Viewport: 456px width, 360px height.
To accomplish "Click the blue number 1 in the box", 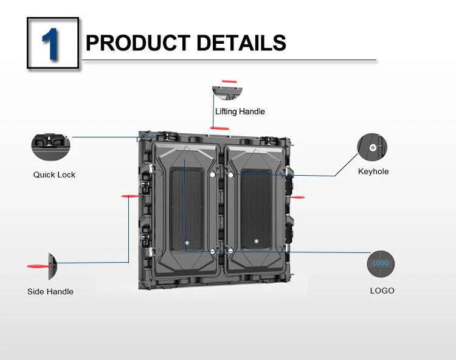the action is pyautogui.click(x=51, y=44).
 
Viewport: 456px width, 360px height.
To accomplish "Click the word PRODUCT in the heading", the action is pyautogui.click(x=138, y=43).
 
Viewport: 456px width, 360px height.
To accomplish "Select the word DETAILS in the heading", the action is pyautogui.click(x=241, y=43).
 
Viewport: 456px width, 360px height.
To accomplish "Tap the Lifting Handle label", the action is pyautogui.click(x=240, y=112).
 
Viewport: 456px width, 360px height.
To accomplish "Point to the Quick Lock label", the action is pyautogui.click(x=54, y=175).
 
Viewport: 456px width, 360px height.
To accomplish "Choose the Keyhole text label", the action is pyautogui.click(x=373, y=171).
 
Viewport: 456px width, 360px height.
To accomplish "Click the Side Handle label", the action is pyautogui.click(x=50, y=292).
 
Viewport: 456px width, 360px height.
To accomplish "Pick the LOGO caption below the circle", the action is pyautogui.click(x=382, y=291).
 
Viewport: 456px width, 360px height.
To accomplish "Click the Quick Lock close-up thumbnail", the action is pyautogui.click(x=50, y=147).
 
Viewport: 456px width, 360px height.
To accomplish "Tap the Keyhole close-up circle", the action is pyautogui.click(x=372, y=147).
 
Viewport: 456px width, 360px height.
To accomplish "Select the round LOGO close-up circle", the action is pyautogui.click(x=381, y=264).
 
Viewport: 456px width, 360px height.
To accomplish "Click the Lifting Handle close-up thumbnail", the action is pyautogui.click(x=227, y=90).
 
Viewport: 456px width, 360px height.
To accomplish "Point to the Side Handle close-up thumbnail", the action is pyautogui.click(x=43, y=266).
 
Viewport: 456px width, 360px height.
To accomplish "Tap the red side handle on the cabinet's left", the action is pyautogui.click(x=131, y=196).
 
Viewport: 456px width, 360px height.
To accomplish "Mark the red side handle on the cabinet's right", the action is pyautogui.click(x=297, y=197).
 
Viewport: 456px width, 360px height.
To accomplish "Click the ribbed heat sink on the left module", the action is pyautogui.click(x=187, y=209).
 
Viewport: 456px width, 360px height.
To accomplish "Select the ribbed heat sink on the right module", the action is pyautogui.click(x=257, y=209).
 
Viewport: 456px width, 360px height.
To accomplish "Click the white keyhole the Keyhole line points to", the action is pyautogui.click(x=231, y=175).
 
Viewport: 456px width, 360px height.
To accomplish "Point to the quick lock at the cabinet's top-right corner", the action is pyautogui.click(x=269, y=140).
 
